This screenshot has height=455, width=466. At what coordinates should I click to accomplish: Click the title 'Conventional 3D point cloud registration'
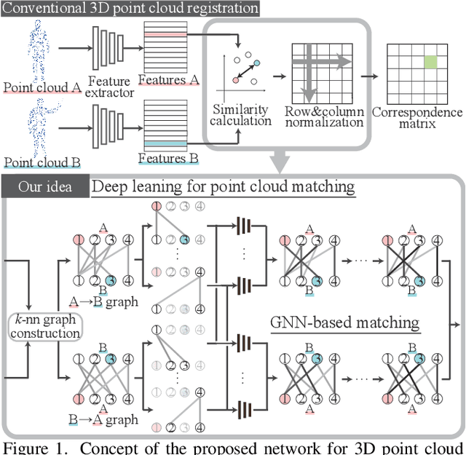(130, 9)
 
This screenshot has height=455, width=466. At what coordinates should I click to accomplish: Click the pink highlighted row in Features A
(166, 33)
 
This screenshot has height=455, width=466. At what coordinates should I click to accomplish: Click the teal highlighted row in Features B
(166, 143)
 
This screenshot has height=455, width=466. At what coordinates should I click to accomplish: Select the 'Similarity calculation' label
(242, 115)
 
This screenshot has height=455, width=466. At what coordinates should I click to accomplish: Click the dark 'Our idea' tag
(46, 186)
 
